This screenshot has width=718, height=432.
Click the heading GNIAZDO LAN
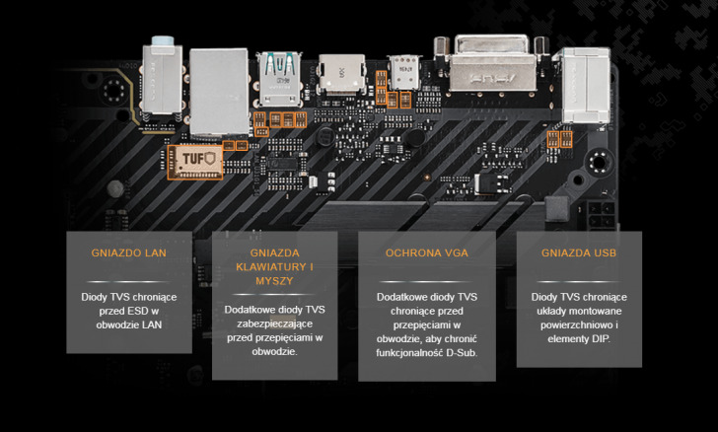point(129,252)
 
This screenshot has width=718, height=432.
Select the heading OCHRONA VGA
point(427,252)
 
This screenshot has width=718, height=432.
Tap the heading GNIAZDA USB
point(578,252)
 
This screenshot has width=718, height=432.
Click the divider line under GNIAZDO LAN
point(129,279)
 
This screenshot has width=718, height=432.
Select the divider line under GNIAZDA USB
point(578,279)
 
